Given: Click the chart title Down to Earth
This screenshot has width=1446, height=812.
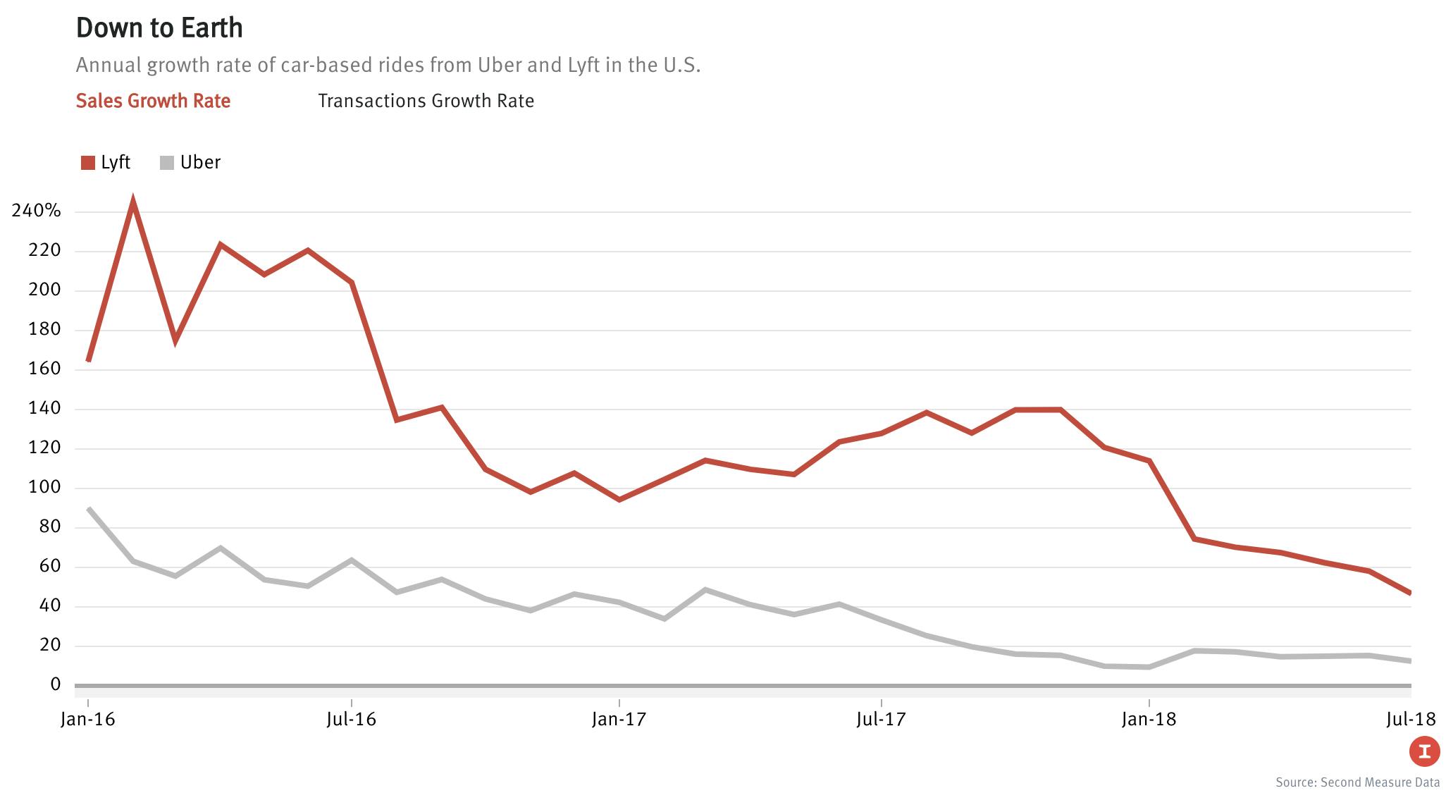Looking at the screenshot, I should pos(159,28).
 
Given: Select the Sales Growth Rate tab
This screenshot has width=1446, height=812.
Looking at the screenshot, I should pos(153,101).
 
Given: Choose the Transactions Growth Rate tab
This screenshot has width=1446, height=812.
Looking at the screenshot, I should pos(426,101).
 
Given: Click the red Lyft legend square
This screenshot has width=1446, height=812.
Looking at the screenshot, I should pos(88,164).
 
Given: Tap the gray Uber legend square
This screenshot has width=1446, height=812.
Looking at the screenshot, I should pos(167,164).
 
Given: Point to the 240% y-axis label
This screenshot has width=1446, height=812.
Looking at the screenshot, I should pos(37,211).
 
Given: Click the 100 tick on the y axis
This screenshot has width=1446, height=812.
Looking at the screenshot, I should pos(46,487).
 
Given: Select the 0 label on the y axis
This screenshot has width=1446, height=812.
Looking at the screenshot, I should pos(55,684).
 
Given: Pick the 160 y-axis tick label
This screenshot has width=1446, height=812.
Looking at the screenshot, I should pos(46,369).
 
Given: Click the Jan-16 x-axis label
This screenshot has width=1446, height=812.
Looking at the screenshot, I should pos(88,720).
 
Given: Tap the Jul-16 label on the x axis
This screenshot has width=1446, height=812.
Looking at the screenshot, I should pos(351,720).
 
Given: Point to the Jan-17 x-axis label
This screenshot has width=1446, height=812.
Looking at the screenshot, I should pos(619,720).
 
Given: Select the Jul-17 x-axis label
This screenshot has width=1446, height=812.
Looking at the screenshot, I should pos(881,720).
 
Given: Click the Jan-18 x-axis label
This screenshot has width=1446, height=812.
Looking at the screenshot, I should pos(1149,720).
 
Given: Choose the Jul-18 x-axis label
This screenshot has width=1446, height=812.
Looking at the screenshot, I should pos(1410,720).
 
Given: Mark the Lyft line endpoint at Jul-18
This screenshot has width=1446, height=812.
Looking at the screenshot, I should pos(1410,593).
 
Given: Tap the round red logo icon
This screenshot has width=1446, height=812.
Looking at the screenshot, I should pos(1424,751).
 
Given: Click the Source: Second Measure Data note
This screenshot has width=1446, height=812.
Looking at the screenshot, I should pos(1357,782).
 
